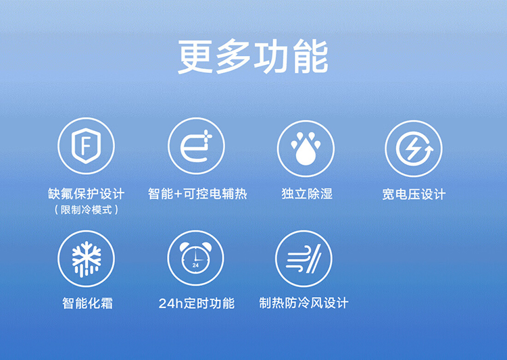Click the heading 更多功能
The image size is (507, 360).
tap(254, 57)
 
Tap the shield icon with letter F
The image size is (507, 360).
tap(86, 146)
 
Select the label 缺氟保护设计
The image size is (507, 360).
tap(87, 194)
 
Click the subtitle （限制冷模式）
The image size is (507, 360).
tap(87, 210)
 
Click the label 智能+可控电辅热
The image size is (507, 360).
tap(197, 194)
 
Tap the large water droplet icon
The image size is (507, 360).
tap(306, 152)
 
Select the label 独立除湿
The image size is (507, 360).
tap(307, 194)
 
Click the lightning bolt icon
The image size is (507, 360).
tap(413, 149)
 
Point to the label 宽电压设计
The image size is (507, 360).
tap(414, 195)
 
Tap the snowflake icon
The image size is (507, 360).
tap(87, 259)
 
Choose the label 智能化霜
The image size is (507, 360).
tap(87, 303)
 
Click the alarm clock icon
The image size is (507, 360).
tap(195, 258)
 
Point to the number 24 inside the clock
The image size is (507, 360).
tap(195, 265)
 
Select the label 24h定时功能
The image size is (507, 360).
tap(197, 303)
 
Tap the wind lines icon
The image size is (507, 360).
tap(304, 259)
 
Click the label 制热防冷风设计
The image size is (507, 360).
tap(304, 303)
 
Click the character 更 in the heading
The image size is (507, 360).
tap(195, 57)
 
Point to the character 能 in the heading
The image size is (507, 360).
tap(311, 57)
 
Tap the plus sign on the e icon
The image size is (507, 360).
tap(208, 136)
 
